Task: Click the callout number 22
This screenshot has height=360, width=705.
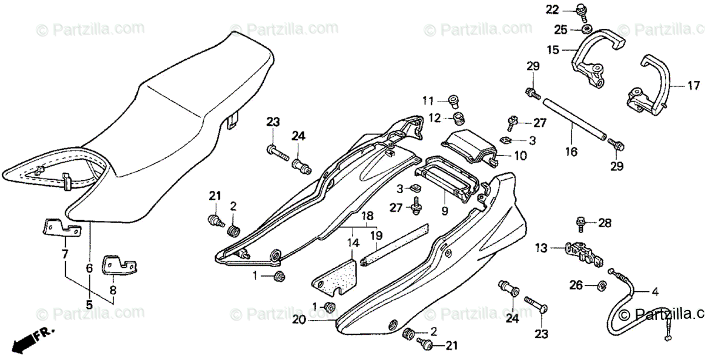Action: click(551, 9)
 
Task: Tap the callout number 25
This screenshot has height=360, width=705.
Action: click(560, 29)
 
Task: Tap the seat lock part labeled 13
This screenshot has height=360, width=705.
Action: click(582, 251)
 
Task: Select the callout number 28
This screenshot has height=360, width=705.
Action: click(605, 223)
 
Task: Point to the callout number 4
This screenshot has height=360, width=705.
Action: click(654, 291)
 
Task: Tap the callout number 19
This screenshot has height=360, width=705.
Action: click(376, 235)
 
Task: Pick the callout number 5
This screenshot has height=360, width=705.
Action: click(89, 304)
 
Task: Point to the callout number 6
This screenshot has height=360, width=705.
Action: click(89, 268)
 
